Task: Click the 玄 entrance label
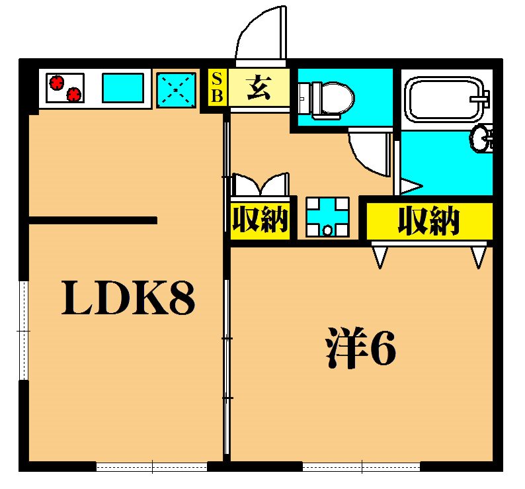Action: pos(258,87)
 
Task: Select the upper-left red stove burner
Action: pos(57,82)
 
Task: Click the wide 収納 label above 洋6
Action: pos(428,221)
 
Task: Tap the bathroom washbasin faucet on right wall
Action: pos(483,139)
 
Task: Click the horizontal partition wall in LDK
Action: pos(93,220)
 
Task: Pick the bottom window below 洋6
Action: pos(361,467)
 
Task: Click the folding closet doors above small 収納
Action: pos(261,185)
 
